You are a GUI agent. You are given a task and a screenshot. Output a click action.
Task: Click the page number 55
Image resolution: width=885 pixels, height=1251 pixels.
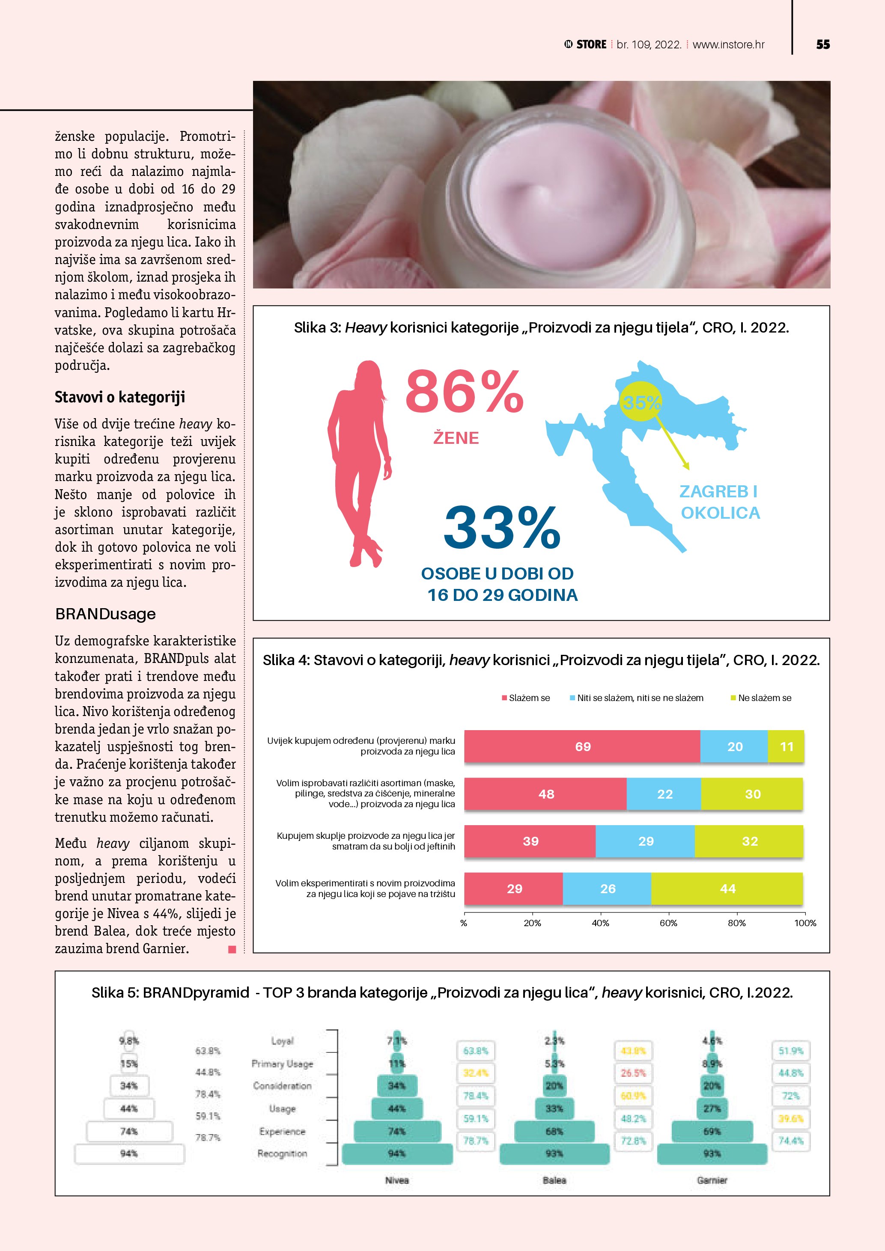[823, 45]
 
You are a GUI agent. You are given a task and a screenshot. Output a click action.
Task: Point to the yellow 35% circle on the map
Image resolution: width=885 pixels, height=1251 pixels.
[641, 403]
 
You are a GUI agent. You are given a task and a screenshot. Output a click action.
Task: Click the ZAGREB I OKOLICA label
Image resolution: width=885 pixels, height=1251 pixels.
[719, 502]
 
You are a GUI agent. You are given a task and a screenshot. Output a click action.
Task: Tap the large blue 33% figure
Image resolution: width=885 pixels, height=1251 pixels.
[501, 527]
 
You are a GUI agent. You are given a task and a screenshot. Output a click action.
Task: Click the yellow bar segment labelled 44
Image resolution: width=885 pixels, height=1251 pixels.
[727, 888]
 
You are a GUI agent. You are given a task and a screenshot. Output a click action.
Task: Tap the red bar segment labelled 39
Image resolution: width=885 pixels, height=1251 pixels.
[530, 841]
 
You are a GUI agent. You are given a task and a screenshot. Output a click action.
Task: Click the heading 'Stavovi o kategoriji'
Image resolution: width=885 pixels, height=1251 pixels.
[120, 397]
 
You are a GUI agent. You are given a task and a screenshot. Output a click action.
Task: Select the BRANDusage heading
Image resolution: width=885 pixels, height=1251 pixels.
[105, 614]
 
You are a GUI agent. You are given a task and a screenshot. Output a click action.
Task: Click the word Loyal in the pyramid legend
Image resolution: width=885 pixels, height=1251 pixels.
[282, 1041]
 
